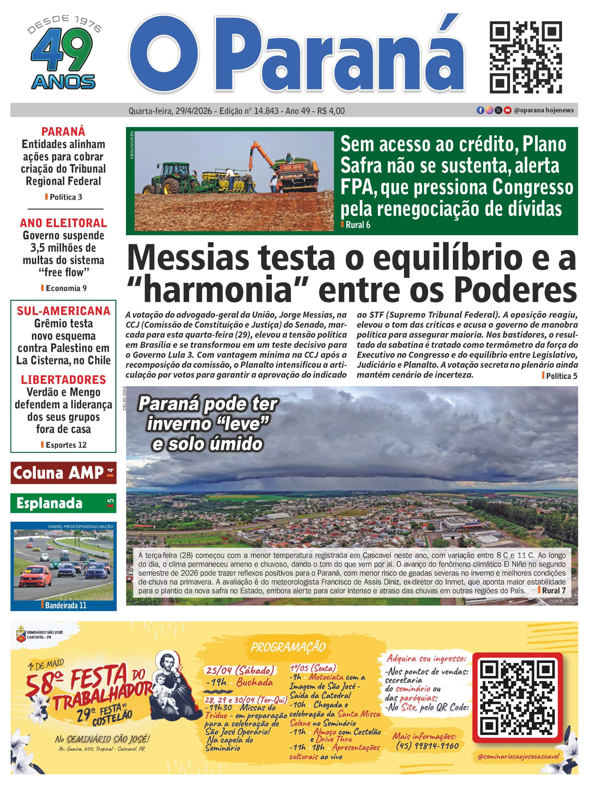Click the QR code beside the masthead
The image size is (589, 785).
(x=526, y=57)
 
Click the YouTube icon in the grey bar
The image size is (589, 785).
(x=508, y=110)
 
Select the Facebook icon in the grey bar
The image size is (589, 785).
(x=480, y=110)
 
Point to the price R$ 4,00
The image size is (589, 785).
(x=331, y=111)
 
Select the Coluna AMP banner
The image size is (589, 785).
(x=63, y=473)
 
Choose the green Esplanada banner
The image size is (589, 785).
(x=63, y=503)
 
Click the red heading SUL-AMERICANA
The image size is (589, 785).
(x=64, y=311)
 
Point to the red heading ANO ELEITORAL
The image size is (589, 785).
(x=64, y=223)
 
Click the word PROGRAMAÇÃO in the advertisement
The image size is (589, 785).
(x=288, y=647)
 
